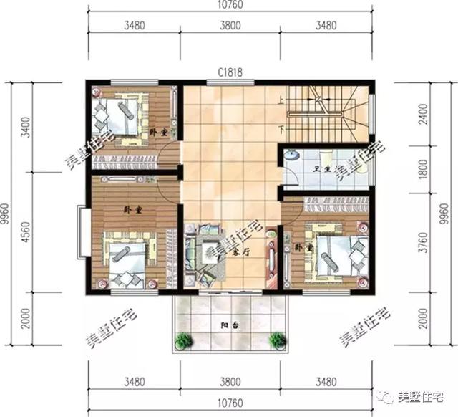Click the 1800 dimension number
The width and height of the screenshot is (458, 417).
[425, 171]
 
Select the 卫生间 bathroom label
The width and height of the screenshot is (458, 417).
[323, 170]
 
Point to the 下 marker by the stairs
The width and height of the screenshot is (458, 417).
[281, 130]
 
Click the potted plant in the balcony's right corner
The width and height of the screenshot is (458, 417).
[275, 340]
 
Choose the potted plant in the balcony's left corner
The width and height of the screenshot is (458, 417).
[184, 340]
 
